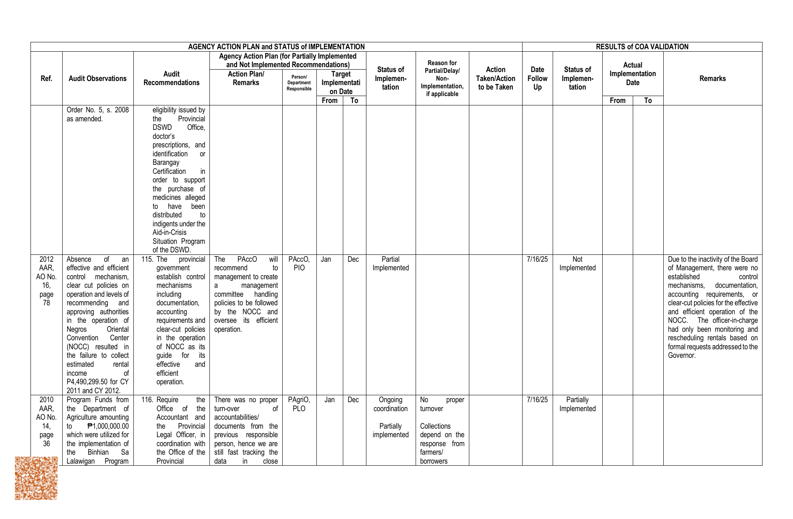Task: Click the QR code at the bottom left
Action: tap(36, 478)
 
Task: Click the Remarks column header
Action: tap(712, 79)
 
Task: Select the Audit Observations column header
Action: tap(98, 79)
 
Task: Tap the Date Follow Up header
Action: tap(537, 79)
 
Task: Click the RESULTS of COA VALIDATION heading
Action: tap(642, 47)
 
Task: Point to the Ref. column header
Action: tap(46, 79)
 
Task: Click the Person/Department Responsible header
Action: tap(299, 83)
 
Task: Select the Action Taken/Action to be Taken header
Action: tap(495, 79)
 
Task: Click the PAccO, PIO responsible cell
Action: tap(299, 263)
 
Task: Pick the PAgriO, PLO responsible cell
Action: tap(299, 404)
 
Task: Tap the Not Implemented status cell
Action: tap(577, 263)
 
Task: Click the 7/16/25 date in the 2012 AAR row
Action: tap(537, 259)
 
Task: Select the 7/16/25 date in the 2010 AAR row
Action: tap(537, 400)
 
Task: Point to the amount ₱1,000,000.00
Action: tap(108, 426)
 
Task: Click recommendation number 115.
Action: tap(147, 259)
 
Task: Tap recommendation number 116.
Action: tap(147, 400)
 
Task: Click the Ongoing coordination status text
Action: tap(390, 404)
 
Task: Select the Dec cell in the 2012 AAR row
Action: tap(353, 259)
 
